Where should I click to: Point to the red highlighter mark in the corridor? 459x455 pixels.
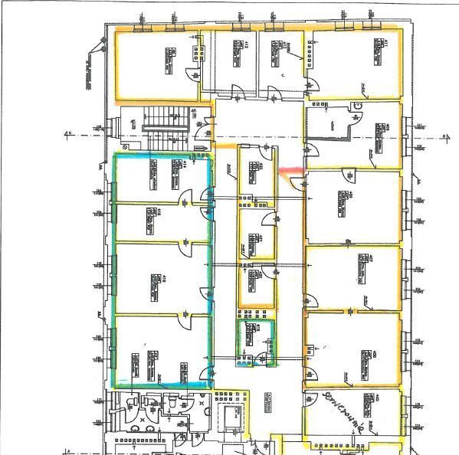tap(290, 172)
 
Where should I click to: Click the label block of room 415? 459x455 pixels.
tap(146, 223)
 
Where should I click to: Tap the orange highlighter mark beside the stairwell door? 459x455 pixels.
tap(227, 145)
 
